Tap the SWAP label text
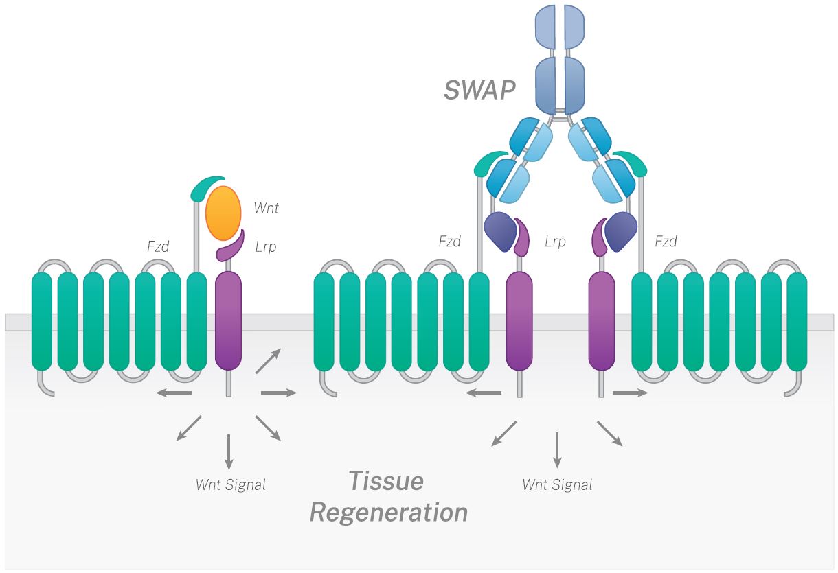[479, 89]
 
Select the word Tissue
[385, 481]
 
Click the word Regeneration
[389, 512]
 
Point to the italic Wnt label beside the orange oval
[267, 208]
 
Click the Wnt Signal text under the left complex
[230, 485]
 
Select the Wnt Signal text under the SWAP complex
[557, 485]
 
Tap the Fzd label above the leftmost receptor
[158, 246]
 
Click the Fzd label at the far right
[666, 242]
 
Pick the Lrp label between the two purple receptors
[555, 242]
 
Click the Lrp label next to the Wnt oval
[265, 246]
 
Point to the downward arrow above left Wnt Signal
[229, 451]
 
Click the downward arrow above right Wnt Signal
[557, 449]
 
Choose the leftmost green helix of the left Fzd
[42, 320]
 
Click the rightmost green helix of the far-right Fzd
[797, 321]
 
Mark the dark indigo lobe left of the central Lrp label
[498, 231]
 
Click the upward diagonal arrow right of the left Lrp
[268, 361]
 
